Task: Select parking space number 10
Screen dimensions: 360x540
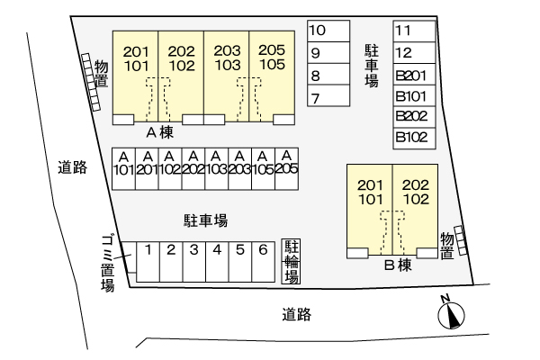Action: tap(328, 31)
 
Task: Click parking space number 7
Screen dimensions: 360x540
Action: tap(328, 97)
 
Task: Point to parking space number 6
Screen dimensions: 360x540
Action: tap(262, 261)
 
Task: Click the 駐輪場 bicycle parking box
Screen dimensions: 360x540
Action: tap(292, 261)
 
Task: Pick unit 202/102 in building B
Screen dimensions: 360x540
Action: tap(416, 193)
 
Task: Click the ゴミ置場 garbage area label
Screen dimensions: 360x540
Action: tap(106, 262)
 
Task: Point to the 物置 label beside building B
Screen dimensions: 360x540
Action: tap(446, 246)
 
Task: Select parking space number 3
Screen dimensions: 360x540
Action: tap(193, 261)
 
